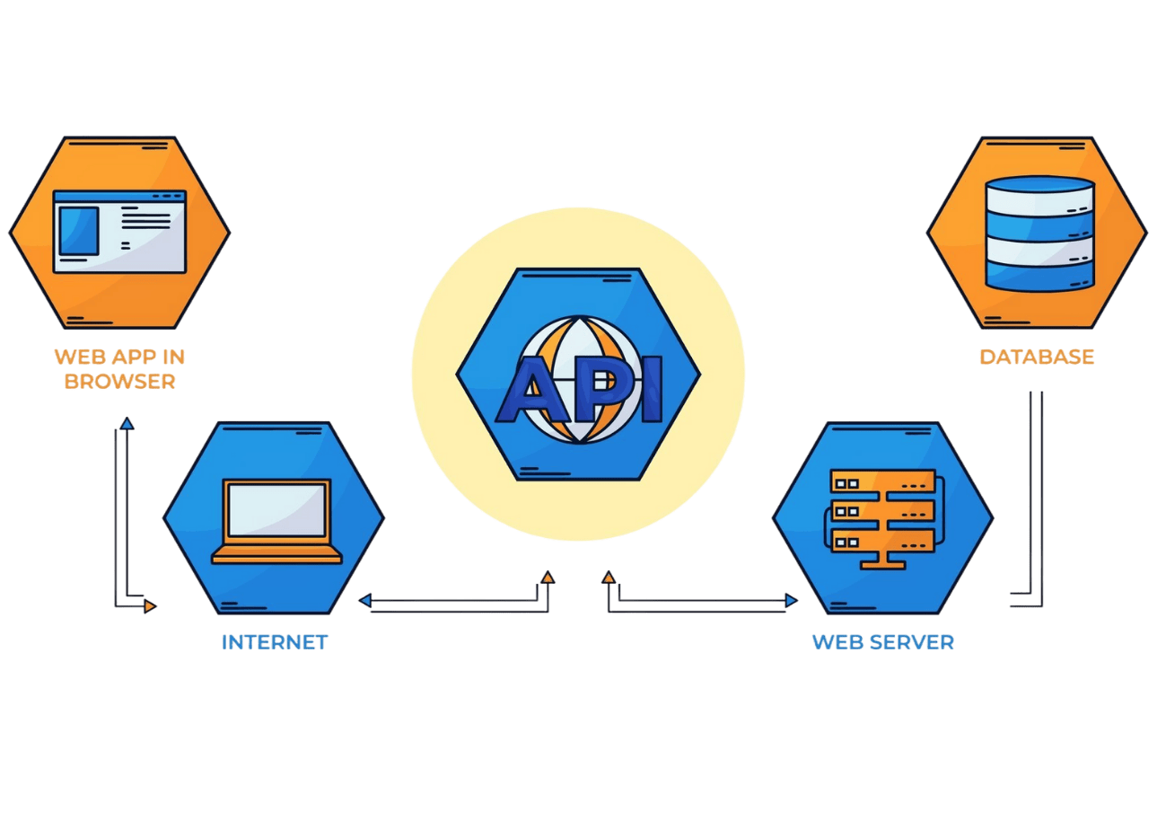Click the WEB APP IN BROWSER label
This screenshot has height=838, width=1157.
click(119, 368)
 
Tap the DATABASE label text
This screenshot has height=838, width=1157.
click(1037, 357)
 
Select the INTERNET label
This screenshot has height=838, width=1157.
click(275, 642)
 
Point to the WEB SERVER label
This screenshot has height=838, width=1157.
click(882, 642)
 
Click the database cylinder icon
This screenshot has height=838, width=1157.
click(1039, 233)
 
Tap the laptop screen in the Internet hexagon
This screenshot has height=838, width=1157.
click(276, 511)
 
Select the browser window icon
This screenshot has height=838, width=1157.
click(119, 230)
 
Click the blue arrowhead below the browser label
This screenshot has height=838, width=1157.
click(127, 422)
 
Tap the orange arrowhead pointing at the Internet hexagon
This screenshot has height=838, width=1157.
click(150, 606)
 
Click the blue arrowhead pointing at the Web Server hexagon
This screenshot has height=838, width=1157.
click(791, 600)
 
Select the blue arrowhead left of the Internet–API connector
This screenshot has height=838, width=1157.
click(365, 600)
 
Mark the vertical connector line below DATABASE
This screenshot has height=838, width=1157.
click(1036, 494)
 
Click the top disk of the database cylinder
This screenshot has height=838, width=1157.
click(1039, 192)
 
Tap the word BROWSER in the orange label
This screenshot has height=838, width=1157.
click(119, 381)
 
